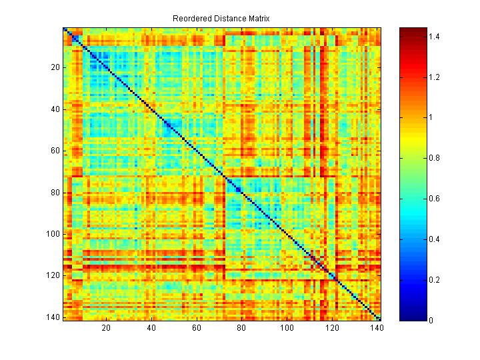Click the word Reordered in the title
[191, 18]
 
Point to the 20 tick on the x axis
[106, 328]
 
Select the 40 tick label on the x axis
[151, 328]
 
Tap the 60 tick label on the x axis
[197, 328]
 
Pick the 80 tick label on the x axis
[242, 328]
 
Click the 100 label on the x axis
[287, 328]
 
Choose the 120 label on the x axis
[333, 328]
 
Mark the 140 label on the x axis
[377, 328]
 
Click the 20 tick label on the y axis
[55, 67]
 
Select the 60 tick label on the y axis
[55, 151]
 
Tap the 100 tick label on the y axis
[53, 234]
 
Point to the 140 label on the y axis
[53, 318]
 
